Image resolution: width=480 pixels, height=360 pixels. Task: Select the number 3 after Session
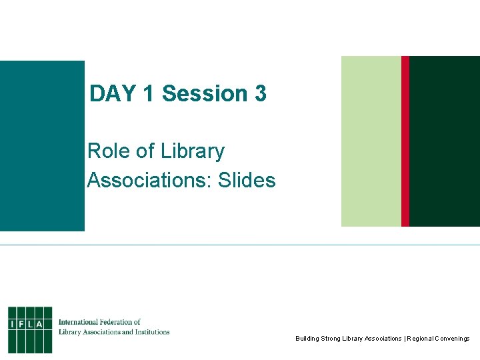pos(260,94)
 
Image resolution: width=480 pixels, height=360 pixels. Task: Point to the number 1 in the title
pos(148,94)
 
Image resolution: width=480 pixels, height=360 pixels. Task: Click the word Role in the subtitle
pos(108,151)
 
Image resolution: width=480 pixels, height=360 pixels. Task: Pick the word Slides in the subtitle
pos(245,180)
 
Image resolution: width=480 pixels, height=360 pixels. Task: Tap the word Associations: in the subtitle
pos(147,180)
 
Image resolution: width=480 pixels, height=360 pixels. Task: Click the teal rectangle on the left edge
pos(42,145)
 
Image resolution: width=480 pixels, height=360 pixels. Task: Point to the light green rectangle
pos(371,141)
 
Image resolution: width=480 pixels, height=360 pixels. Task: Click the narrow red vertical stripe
pos(405,141)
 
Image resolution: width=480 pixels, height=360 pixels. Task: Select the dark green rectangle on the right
pos(445,141)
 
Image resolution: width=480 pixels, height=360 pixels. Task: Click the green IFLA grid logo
pos(30,329)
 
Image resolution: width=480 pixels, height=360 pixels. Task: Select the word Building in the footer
pos(307,339)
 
